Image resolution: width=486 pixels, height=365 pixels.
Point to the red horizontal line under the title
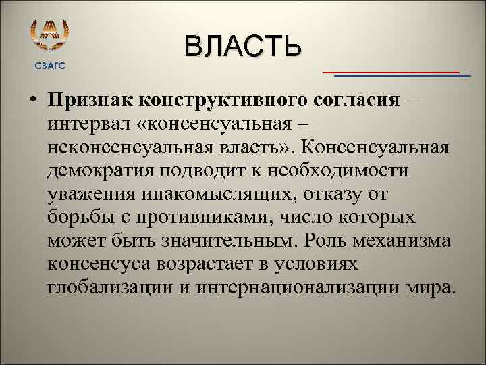tap(391, 71)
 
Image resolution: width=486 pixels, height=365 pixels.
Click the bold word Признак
tap(90, 101)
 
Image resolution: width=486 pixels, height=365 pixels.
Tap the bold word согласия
tap(357, 101)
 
